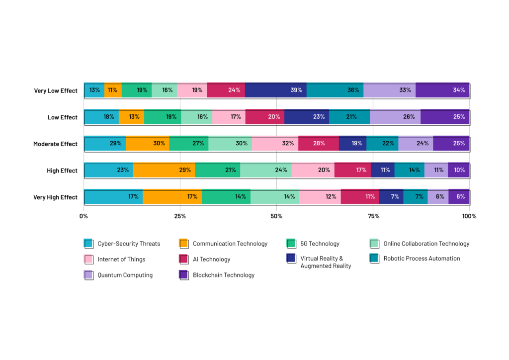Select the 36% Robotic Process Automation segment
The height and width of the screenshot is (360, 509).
click(335, 90)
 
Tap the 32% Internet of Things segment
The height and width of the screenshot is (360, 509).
click(275, 144)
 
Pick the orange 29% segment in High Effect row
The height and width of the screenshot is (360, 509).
click(164, 170)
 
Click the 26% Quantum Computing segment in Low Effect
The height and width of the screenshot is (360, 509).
click(395, 117)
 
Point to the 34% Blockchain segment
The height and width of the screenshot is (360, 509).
click(442, 90)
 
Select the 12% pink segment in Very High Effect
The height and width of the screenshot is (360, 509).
click(320, 197)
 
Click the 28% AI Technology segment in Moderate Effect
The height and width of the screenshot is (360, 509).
click(318, 144)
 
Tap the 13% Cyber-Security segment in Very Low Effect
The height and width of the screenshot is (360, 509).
click(94, 90)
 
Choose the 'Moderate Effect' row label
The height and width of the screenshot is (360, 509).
click(55, 144)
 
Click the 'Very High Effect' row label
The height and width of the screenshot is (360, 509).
click(55, 197)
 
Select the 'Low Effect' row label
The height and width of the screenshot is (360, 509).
click(62, 117)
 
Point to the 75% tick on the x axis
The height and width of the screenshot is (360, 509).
click(373, 216)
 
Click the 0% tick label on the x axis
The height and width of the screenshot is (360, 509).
click(84, 216)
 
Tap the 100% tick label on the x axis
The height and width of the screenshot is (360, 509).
click(469, 216)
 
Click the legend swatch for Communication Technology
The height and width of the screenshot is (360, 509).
click(184, 244)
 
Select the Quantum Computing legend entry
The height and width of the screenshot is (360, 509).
click(125, 275)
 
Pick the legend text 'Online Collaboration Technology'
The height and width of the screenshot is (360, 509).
click(426, 244)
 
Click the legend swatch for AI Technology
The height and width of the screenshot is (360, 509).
click(184, 259)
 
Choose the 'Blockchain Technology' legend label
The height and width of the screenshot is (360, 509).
click(223, 275)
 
